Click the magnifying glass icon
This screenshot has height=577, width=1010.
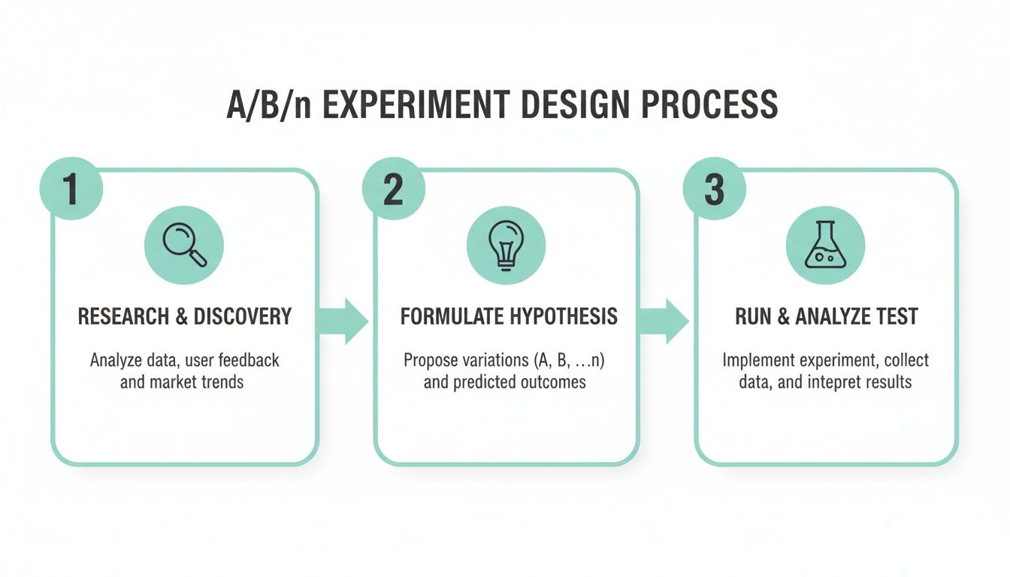[x=184, y=246]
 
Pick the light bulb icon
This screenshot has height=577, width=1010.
[x=506, y=246]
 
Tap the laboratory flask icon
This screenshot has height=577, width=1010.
[x=825, y=246]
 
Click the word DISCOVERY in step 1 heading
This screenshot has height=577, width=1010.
[x=242, y=316]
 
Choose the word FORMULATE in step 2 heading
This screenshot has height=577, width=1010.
[x=444, y=316]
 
